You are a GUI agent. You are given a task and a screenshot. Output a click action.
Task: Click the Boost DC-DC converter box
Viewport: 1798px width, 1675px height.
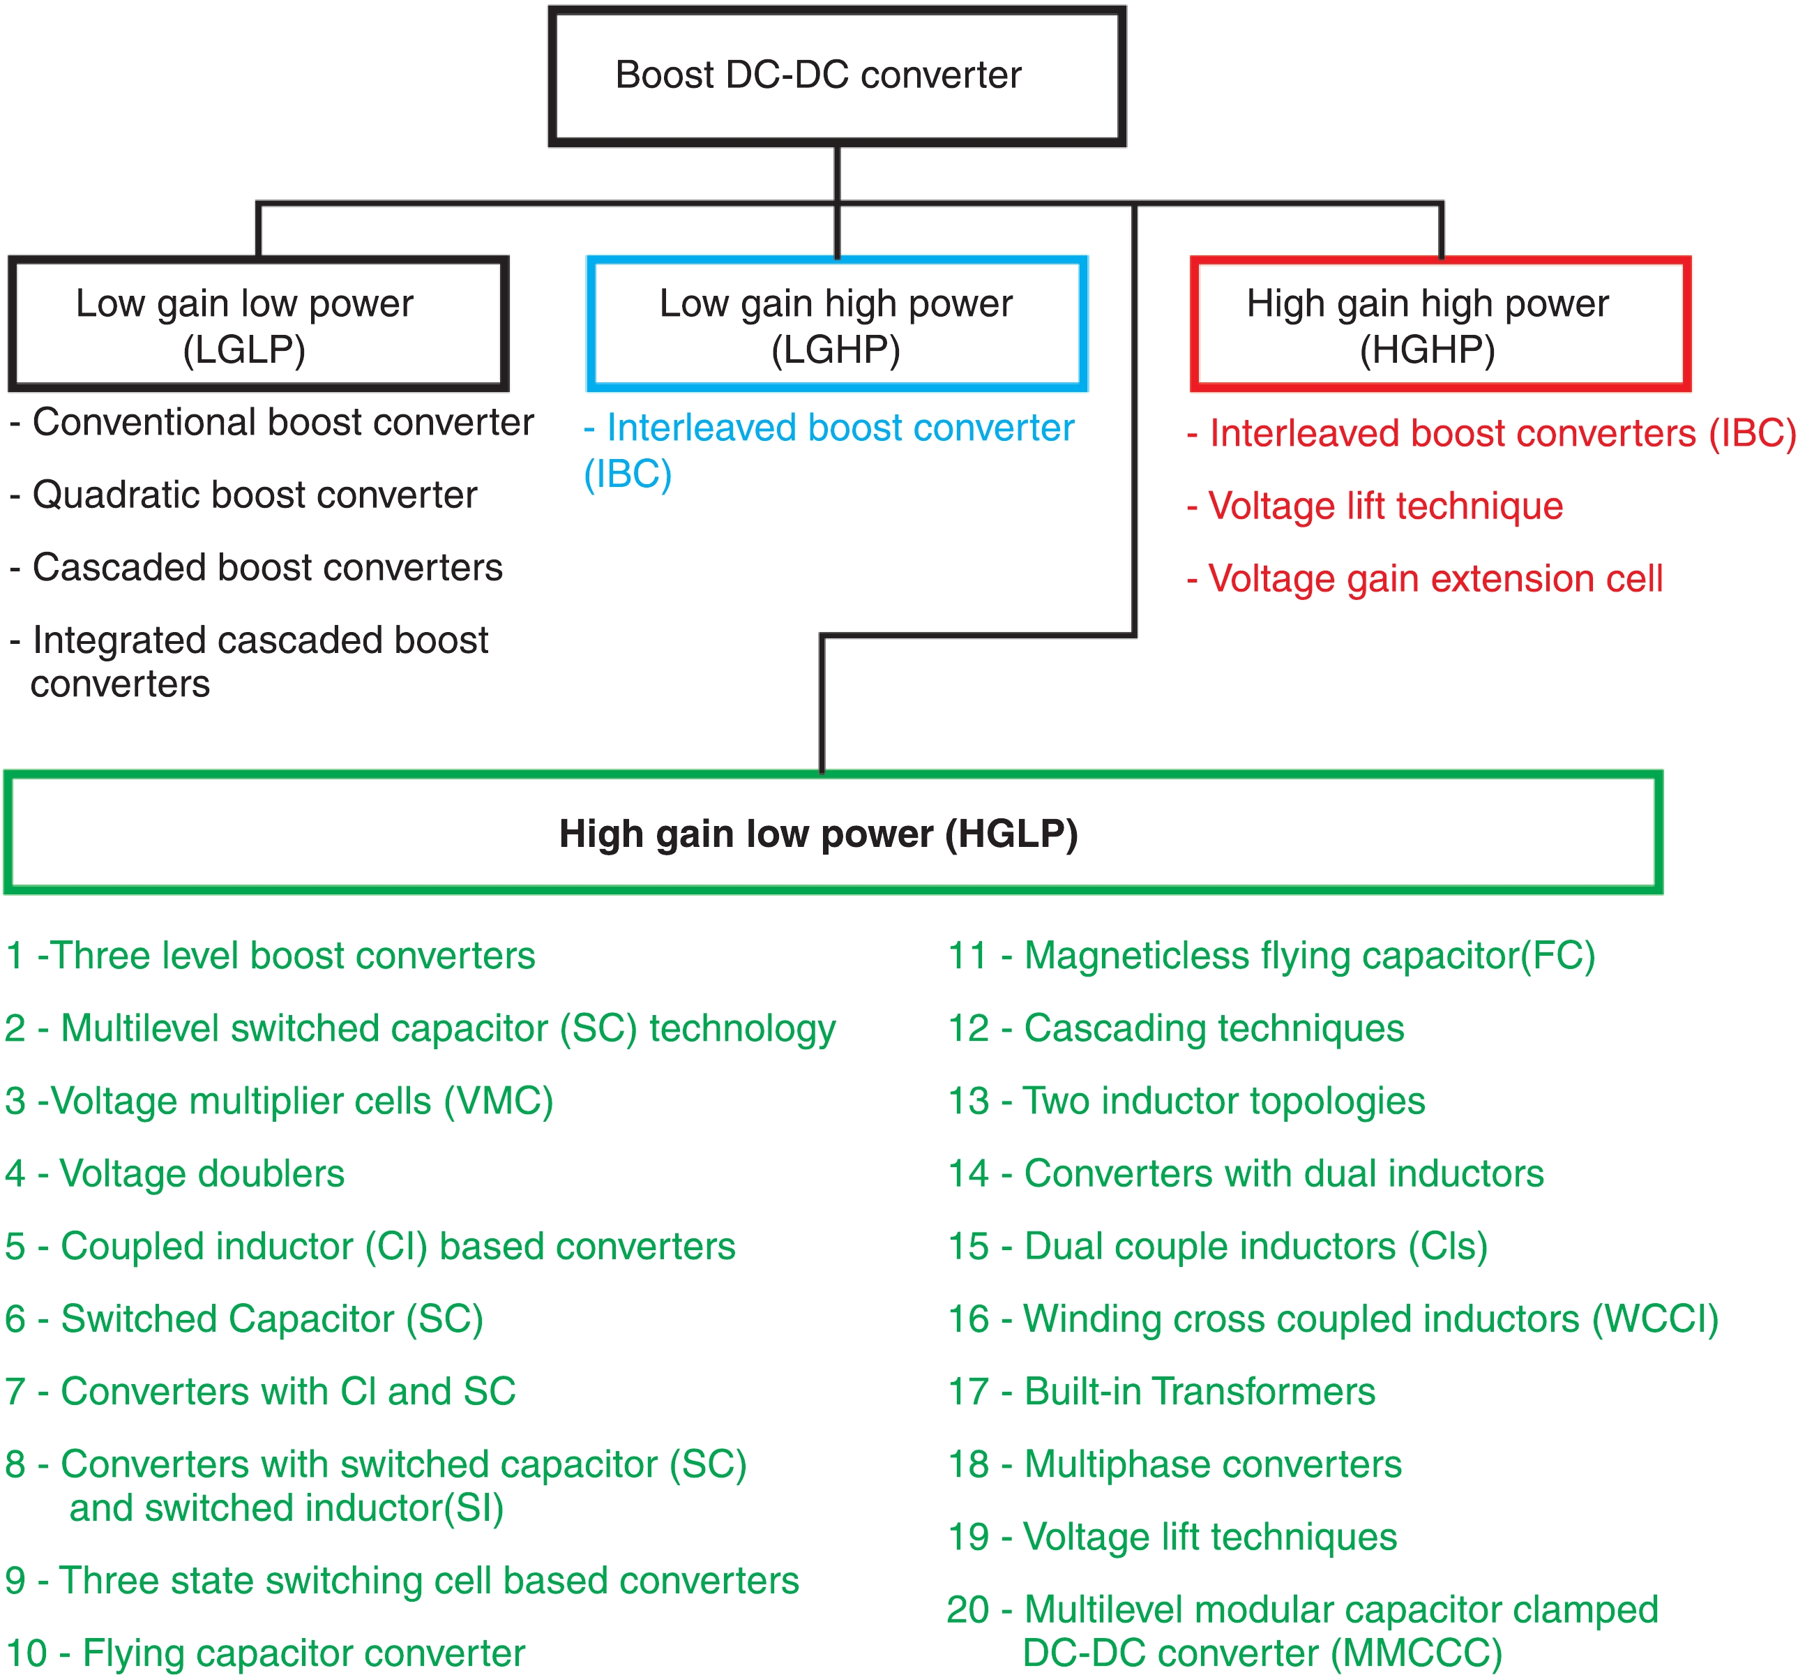point(837,76)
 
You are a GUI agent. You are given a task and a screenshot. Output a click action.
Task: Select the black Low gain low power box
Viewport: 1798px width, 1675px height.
point(259,324)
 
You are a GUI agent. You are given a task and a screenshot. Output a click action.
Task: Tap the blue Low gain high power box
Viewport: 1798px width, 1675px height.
point(837,324)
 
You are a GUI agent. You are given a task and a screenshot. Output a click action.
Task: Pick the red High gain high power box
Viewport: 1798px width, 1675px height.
point(1440,324)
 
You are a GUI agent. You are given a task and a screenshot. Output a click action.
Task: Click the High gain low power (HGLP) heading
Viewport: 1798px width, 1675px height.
point(819,833)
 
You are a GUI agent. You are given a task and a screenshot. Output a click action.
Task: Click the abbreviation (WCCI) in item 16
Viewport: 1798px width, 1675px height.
point(1655,1319)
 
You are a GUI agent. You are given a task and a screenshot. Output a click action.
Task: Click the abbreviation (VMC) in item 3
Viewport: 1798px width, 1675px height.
point(499,1101)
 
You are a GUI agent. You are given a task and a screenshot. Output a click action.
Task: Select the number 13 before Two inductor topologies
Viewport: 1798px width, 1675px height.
point(968,1101)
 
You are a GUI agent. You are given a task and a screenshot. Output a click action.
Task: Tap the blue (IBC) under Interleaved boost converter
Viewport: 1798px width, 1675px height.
point(628,474)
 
